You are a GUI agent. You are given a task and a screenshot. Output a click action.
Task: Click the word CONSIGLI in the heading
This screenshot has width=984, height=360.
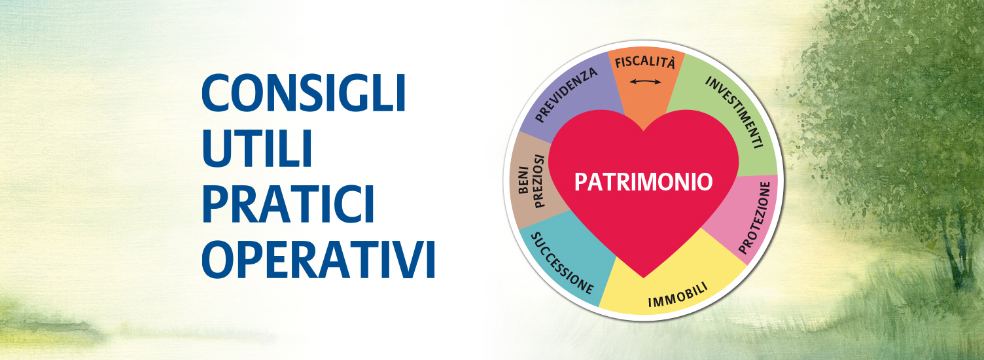click(x=304, y=94)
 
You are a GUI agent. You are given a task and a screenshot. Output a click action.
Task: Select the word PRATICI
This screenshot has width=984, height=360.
click(x=288, y=204)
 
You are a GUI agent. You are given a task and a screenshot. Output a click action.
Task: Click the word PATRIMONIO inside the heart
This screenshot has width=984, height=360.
click(x=644, y=181)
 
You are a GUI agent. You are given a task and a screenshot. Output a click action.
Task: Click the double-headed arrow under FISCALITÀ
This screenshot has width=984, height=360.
click(x=645, y=81)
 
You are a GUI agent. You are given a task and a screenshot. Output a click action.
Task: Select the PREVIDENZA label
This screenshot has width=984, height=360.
click(x=566, y=94)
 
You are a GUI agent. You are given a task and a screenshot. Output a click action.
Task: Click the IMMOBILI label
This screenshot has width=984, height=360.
click(x=678, y=295)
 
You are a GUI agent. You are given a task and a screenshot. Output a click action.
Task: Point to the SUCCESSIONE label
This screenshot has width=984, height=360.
click(x=562, y=263)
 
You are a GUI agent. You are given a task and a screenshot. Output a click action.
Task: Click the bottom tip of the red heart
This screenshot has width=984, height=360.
click(x=644, y=278)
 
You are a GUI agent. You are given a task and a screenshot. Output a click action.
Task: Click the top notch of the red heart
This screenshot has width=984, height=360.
click(x=644, y=130)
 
